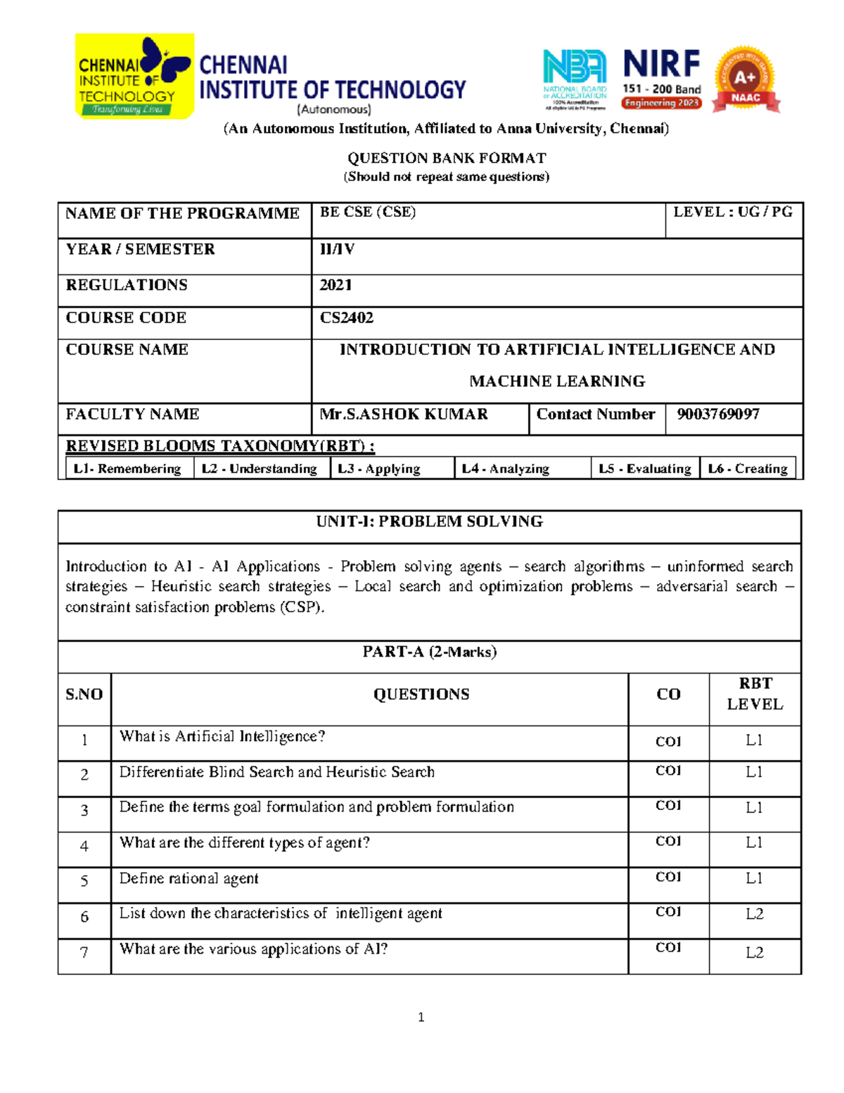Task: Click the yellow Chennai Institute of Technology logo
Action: [x=134, y=76]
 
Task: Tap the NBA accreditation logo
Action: [x=575, y=80]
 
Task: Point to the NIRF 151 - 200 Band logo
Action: [x=661, y=79]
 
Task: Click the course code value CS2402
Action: [x=347, y=318]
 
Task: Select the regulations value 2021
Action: [x=335, y=285]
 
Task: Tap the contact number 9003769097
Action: [x=718, y=415]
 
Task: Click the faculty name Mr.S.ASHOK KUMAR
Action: [x=404, y=415]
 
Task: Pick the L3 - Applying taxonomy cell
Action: [x=379, y=469]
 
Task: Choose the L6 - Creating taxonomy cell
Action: [x=748, y=469]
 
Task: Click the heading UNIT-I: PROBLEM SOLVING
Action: [x=429, y=522]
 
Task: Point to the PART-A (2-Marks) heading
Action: [x=429, y=652]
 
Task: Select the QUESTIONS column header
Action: [x=421, y=695]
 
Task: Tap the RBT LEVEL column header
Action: [x=755, y=694]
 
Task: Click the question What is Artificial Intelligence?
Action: [x=222, y=737]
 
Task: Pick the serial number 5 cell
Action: [x=84, y=881]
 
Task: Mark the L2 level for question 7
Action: [x=755, y=953]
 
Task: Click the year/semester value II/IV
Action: [x=337, y=249]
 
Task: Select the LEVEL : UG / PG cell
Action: [x=733, y=213]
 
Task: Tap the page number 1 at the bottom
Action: [x=421, y=1017]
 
